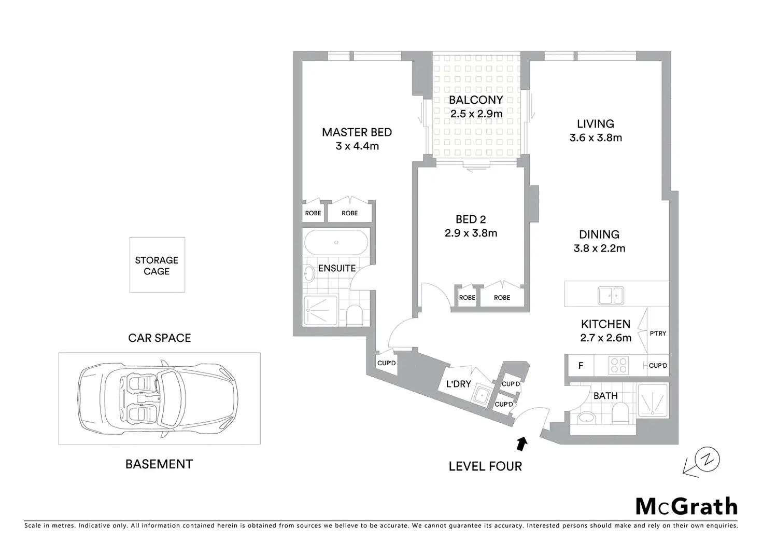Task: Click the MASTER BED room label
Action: coord(357,132)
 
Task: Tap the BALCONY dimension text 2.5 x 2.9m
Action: coord(476,113)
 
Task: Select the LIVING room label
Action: coord(595,124)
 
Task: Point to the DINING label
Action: coord(599,234)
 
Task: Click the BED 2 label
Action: coord(471,219)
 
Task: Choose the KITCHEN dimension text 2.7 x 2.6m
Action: coord(606,338)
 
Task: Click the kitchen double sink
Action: coord(611,295)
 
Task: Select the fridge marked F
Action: coord(581,366)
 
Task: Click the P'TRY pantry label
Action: coord(658,334)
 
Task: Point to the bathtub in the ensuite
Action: coord(336,242)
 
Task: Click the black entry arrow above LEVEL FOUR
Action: coord(522,443)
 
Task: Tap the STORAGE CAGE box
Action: coord(157,265)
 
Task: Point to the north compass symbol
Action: coord(707,459)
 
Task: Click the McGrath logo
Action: coord(686,506)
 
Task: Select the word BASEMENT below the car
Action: coord(159,464)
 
